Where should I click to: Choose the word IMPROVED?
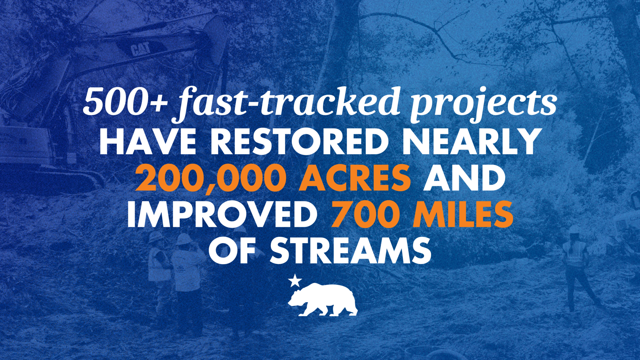click(222, 214)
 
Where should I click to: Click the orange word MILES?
click(463, 214)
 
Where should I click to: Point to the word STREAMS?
click(350, 251)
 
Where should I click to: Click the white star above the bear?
click(295, 280)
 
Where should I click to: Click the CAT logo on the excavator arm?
click(141, 49)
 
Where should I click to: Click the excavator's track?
click(62, 181)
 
